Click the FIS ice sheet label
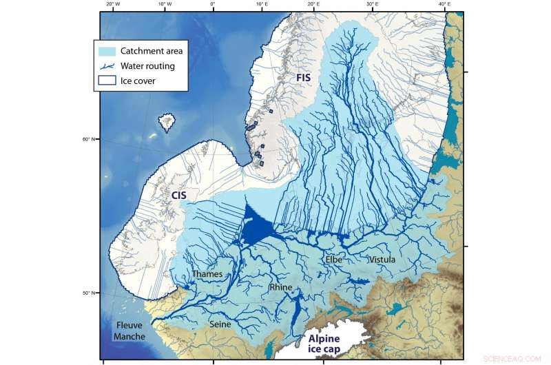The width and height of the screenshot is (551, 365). pos(304,78)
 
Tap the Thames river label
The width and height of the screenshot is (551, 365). pos(207,274)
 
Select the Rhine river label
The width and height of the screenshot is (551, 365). pos(282,287)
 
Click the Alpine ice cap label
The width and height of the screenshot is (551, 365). pos(333,345)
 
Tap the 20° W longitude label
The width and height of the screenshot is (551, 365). pos(114,4)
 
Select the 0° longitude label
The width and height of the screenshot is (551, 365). pos(212,4)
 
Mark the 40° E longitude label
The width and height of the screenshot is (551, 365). pos(445,4)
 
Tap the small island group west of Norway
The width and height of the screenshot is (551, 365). pos(167,123)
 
